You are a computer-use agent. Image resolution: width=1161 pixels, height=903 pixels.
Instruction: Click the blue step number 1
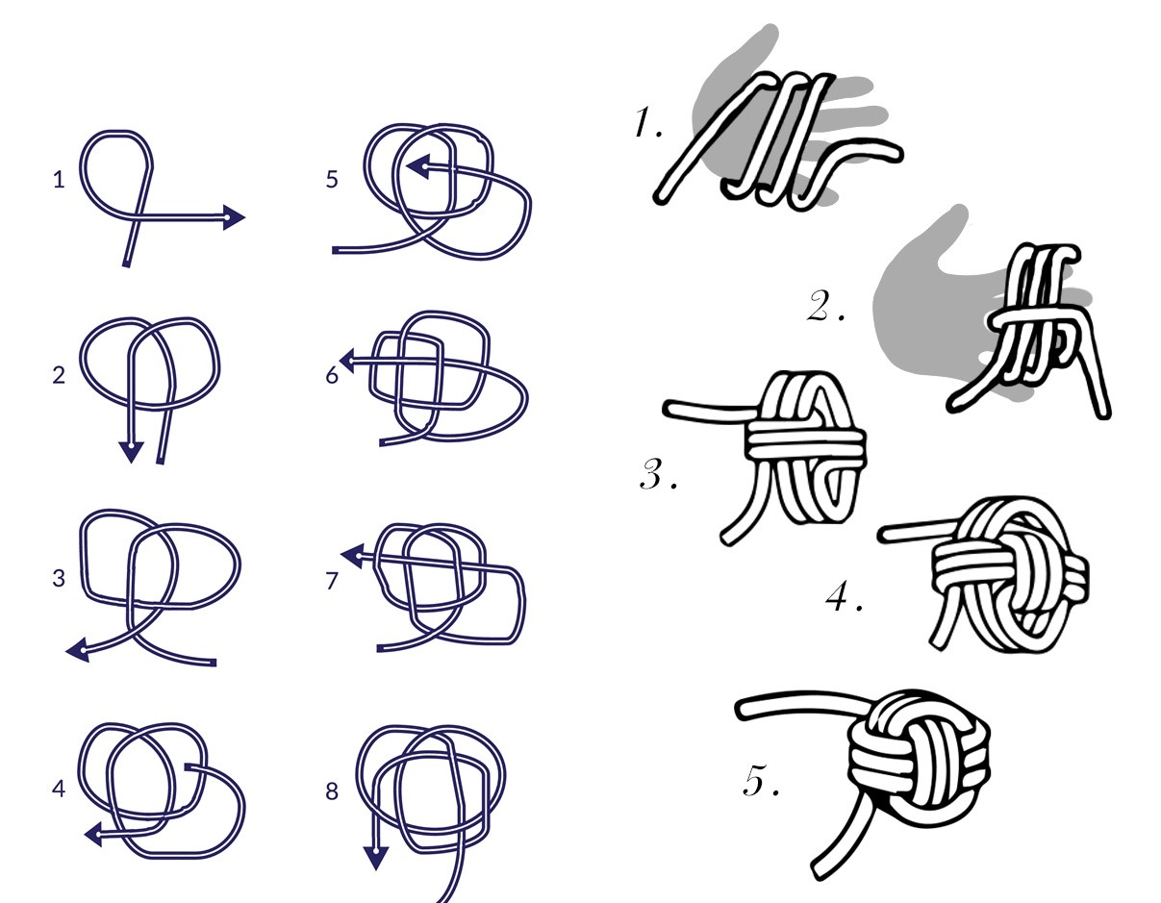[x=59, y=180]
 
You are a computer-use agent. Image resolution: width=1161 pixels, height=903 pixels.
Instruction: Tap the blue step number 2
[x=59, y=375]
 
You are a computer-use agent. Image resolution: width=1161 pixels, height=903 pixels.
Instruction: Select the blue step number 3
[x=59, y=578]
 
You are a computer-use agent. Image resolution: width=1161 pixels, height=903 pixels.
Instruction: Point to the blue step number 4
[x=59, y=789]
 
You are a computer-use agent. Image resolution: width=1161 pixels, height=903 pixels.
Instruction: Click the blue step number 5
[x=332, y=180]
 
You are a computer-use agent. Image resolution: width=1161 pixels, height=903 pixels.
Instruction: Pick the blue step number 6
[x=332, y=375]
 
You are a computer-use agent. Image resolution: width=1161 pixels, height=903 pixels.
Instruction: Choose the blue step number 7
[x=332, y=581]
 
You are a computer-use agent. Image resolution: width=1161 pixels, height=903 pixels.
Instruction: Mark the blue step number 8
[x=332, y=790]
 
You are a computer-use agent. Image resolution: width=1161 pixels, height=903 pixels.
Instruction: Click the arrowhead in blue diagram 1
[x=234, y=217]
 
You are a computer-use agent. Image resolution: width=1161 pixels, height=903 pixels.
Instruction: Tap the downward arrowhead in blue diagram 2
[x=131, y=452]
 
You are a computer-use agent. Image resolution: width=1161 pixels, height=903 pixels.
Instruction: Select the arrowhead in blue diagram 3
[x=78, y=650]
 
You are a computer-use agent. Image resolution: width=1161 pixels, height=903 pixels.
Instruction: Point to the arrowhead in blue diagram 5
[x=418, y=166]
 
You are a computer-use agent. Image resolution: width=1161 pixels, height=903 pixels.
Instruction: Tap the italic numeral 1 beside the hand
[x=648, y=122]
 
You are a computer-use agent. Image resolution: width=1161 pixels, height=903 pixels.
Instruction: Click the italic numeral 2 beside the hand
[x=824, y=305]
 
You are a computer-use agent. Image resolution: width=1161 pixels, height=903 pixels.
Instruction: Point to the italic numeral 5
[x=760, y=780]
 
